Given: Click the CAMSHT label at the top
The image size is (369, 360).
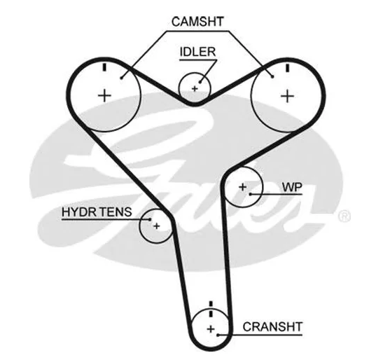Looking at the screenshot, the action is [x=197, y=22].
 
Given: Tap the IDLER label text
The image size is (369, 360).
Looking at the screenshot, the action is [x=197, y=52].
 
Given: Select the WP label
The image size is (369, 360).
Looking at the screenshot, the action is [x=292, y=188].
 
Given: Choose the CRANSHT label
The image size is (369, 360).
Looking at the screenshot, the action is [x=272, y=327].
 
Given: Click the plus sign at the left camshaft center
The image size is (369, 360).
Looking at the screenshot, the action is [x=104, y=96].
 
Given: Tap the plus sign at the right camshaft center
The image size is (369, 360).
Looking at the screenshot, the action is [x=287, y=96].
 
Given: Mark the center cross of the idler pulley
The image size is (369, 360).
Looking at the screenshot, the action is [x=195, y=89].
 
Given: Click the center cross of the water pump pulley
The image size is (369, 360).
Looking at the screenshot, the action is [x=243, y=187].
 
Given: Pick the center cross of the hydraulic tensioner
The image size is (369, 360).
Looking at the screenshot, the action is [x=157, y=226].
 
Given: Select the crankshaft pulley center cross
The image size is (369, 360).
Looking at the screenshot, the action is [x=211, y=329].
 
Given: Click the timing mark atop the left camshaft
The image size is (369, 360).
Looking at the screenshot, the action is [x=104, y=67].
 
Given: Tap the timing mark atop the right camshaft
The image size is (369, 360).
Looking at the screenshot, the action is [x=287, y=67].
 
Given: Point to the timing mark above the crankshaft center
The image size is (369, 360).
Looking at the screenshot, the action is [x=211, y=309].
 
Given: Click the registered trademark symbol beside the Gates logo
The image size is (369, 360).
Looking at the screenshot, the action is [x=344, y=216].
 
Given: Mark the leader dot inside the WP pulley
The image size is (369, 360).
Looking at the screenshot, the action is [x=251, y=194].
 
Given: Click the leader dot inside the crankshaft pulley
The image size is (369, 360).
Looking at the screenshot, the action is [x=218, y=335].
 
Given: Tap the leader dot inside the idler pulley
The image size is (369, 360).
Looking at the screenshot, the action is [x=200, y=82].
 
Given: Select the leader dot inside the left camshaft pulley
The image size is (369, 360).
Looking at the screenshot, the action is [x=121, y=78].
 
